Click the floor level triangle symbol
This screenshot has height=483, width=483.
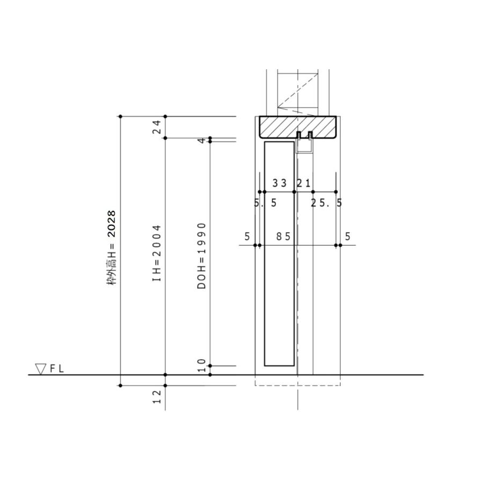(x=40, y=369)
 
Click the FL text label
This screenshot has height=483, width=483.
(x=57, y=369)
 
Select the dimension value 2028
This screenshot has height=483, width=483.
(x=111, y=224)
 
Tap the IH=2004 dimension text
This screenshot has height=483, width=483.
(x=157, y=253)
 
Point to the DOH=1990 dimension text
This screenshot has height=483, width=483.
(x=201, y=256)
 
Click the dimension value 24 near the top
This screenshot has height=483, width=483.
(x=157, y=127)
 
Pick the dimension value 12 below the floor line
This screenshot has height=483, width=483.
(x=157, y=397)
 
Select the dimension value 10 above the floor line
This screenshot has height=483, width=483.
(x=201, y=365)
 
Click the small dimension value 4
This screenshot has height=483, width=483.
(x=201, y=141)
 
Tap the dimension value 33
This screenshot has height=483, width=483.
(x=280, y=184)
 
